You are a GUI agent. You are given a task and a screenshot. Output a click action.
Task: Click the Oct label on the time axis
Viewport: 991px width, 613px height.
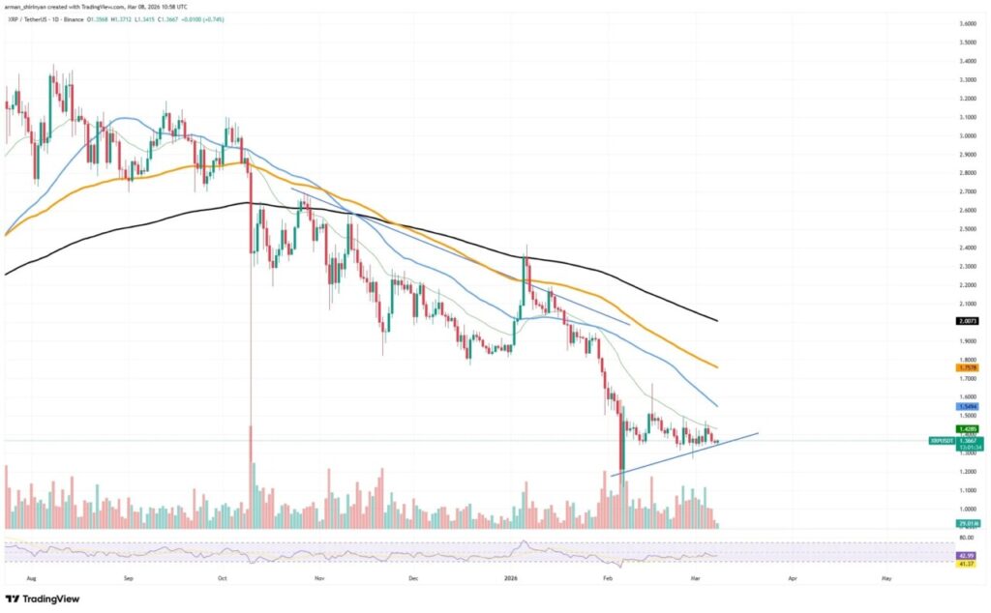(222, 576)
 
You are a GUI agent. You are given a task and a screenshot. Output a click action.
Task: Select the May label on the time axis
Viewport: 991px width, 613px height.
(886, 576)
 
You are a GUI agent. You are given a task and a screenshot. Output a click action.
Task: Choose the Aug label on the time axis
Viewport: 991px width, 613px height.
(32, 576)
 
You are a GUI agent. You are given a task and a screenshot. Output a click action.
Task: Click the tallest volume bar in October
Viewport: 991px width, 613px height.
(252, 483)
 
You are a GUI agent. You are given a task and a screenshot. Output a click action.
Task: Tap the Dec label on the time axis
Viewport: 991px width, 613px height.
(412, 576)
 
